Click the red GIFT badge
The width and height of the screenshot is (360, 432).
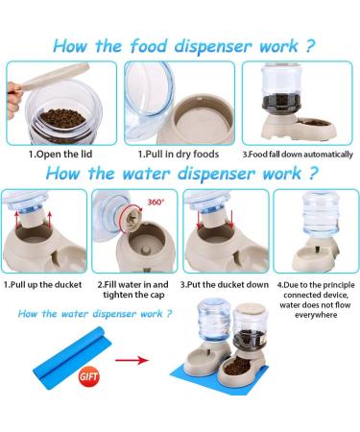tap(88, 375)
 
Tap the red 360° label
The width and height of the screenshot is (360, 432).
tap(156, 203)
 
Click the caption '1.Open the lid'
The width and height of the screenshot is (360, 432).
tap(60, 155)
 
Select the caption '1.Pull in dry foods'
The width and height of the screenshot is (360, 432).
tap(179, 155)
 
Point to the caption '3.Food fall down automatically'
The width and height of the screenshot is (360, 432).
tap(298, 155)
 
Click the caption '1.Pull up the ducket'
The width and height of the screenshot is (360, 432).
tap(42, 284)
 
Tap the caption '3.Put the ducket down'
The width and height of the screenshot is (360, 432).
tap(225, 284)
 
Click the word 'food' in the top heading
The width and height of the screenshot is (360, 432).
tap(149, 46)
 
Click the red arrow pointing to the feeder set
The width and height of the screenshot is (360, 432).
tap(132, 360)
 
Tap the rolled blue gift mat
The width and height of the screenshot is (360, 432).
tap(71, 357)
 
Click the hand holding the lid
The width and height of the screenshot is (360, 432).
tap(14, 99)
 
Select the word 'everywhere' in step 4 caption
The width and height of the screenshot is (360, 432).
tap(316, 315)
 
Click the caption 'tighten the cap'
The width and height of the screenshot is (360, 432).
tap(133, 295)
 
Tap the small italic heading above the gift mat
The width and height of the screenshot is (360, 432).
tap(95, 314)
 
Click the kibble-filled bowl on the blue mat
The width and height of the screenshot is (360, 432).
tap(237, 365)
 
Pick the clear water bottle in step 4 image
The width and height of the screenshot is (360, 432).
tap(321, 213)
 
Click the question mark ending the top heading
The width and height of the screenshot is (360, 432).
tap(309, 46)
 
